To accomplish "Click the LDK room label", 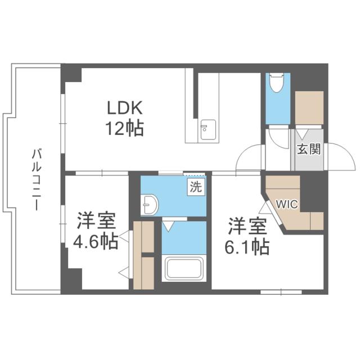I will point(125,109).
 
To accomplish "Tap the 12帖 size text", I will point(125,129).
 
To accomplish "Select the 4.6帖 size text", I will point(95,242).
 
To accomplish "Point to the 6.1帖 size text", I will point(248,246).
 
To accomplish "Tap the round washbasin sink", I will point(150,205).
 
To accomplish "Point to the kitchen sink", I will point(206,130).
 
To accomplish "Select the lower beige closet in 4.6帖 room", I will point(143,273).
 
